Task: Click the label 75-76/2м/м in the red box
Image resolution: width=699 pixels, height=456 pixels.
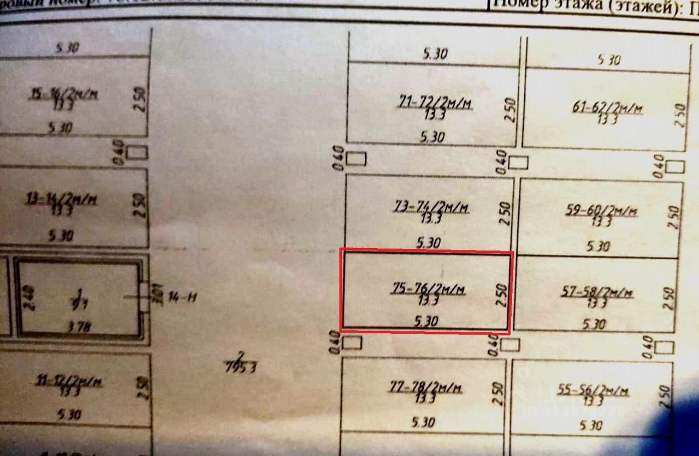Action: click(x=429, y=290)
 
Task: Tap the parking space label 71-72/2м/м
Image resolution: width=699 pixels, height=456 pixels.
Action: click(x=435, y=103)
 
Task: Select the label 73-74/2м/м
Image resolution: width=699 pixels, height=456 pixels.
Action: click(x=431, y=208)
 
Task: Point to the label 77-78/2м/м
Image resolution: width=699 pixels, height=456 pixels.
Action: click(x=426, y=388)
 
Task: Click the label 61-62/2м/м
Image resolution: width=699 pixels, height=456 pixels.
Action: click(x=607, y=109)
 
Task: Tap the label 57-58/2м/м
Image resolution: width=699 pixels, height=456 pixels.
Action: click(x=597, y=293)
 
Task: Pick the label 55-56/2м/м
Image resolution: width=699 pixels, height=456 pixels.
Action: click(x=594, y=391)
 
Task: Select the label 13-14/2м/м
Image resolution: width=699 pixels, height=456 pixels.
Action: click(x=61, y=200)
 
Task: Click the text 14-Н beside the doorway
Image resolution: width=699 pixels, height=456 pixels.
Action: click(x=181, y=297)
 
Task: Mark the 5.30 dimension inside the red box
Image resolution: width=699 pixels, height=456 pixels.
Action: click(x=426, y=322)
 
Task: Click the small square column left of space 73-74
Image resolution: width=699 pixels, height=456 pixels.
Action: click(x=357, y=159)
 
